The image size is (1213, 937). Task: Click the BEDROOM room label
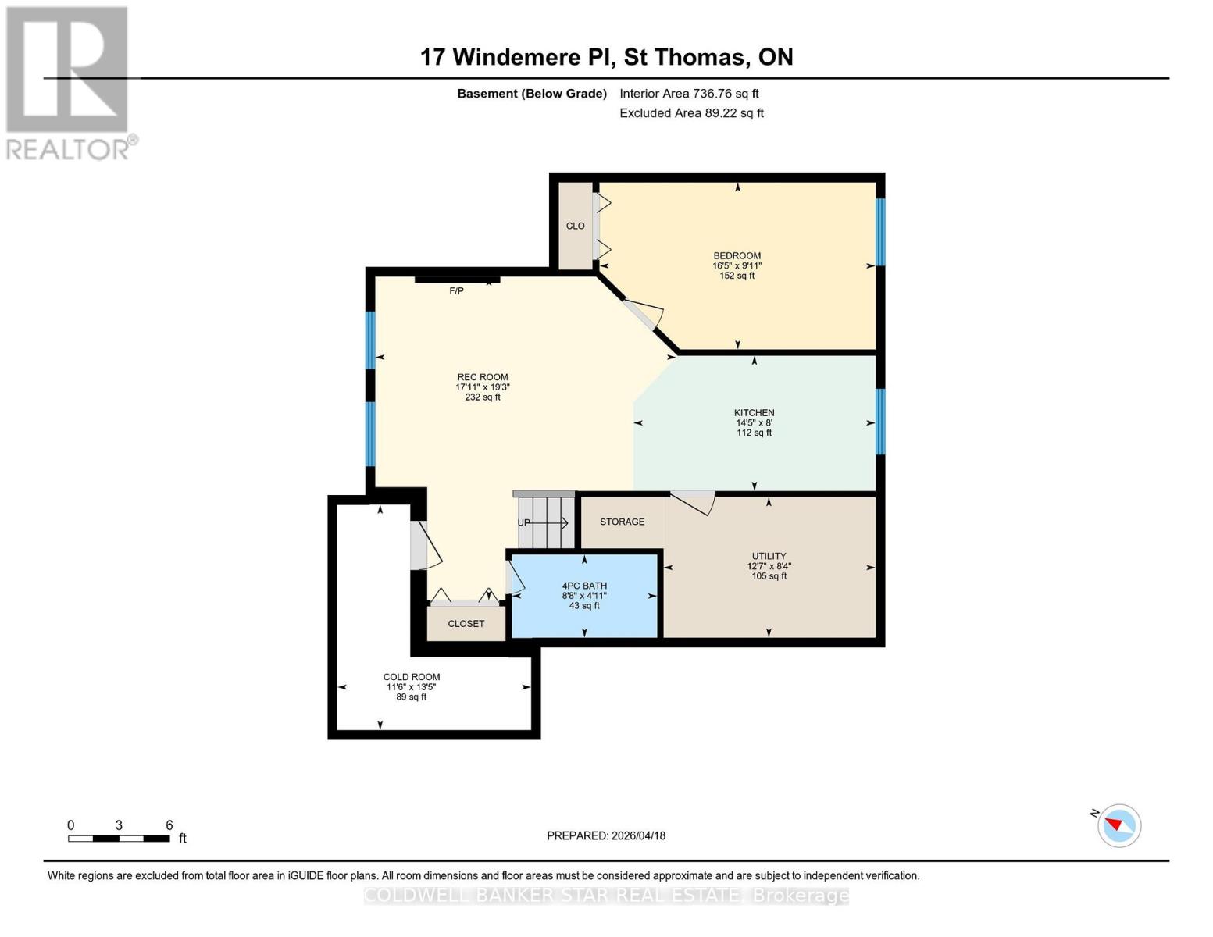pos(737,256)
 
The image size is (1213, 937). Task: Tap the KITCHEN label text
pos(754,413)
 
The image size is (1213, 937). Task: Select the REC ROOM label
pos(483,377)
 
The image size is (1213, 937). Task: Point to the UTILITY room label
pos(769,557)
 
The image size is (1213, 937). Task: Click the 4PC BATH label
pos(584,586)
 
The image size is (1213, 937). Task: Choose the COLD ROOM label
pos(412,678)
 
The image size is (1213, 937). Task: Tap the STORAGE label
pos(622,522)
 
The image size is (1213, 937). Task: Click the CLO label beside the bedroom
pos(576,226)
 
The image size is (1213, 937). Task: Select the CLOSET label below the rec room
pos(466,624)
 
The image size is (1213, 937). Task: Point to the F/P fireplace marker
pos(456,291)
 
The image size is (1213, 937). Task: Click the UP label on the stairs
pos(524,523)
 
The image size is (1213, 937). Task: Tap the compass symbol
pos(1118,825)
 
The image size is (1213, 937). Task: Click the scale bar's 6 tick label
pos(169,825)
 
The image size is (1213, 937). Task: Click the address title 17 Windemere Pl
pos(606,57)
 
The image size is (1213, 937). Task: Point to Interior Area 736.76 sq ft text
pos(689,94)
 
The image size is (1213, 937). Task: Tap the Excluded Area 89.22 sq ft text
pos(691,113)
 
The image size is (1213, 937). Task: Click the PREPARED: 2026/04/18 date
pos(606,835)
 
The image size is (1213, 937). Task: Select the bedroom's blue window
pos(880,232)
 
